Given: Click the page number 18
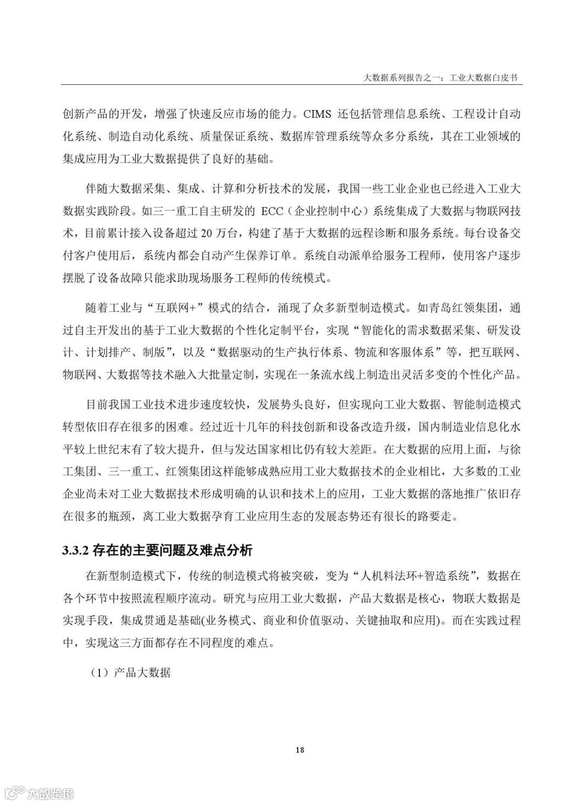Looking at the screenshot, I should tap(300, 750).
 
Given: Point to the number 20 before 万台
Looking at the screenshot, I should tap(207, 232).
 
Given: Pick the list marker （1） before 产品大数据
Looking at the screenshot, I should tap(98, 672).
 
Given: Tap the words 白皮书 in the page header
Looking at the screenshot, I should tap(504, 77).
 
